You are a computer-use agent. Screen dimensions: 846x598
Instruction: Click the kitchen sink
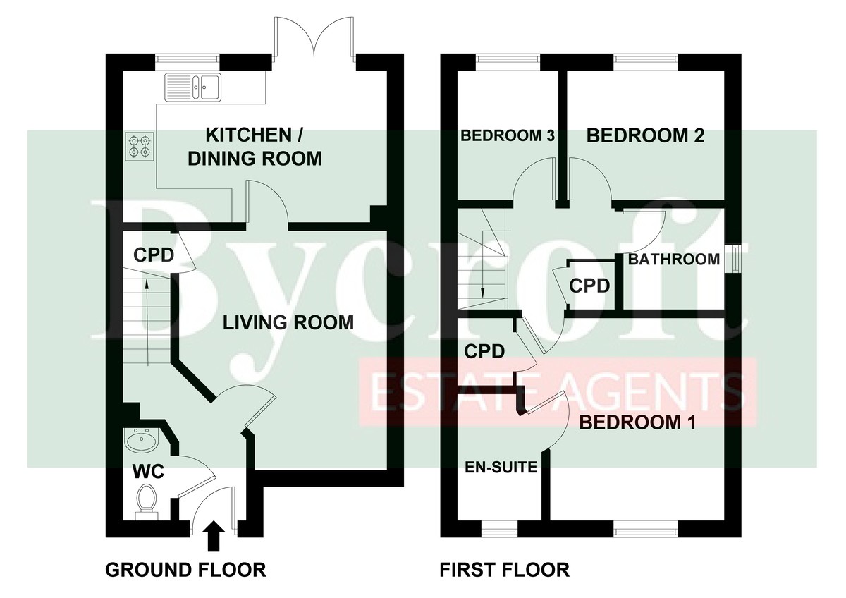193,87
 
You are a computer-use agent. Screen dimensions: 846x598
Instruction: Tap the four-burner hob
140,147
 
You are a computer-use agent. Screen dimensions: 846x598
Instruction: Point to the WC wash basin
141,441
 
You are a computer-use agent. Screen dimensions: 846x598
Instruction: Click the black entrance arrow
214,536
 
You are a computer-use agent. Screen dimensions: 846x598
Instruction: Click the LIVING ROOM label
288,322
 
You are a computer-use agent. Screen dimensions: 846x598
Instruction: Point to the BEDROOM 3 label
508,135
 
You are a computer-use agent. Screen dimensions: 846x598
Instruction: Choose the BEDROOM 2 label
646,135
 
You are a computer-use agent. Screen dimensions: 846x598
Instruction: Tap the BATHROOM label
674,259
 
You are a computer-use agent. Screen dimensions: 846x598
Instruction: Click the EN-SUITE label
501,468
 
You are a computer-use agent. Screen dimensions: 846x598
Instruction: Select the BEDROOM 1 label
637,422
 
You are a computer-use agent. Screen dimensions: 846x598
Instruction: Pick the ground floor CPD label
154,255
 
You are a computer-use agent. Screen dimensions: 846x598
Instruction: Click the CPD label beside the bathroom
589,286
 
